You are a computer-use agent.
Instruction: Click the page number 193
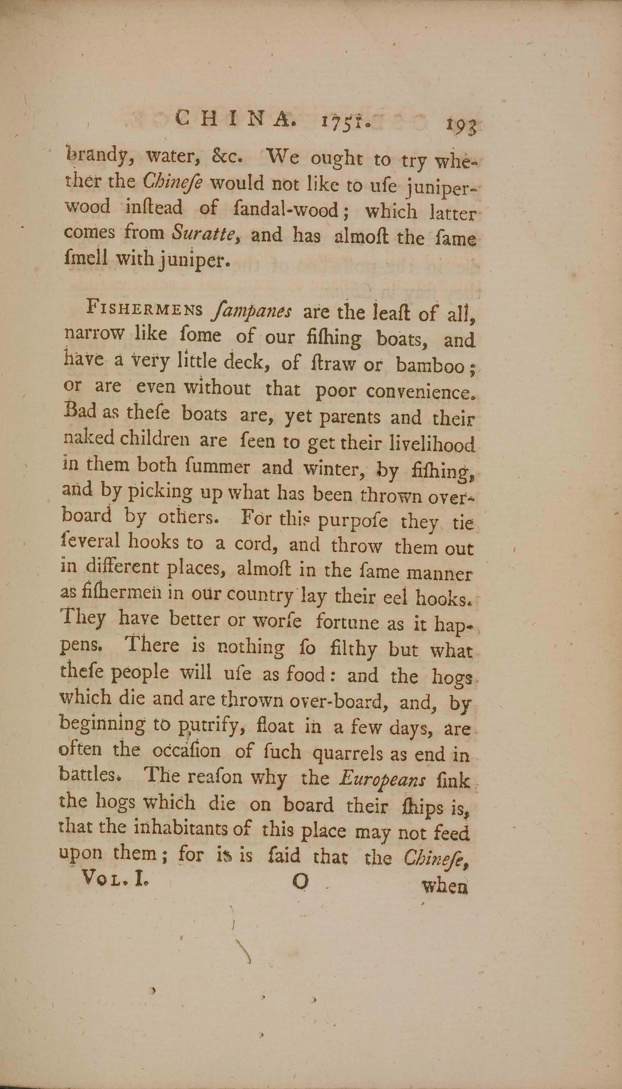461,127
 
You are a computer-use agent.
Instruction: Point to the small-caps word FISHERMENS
145,309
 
